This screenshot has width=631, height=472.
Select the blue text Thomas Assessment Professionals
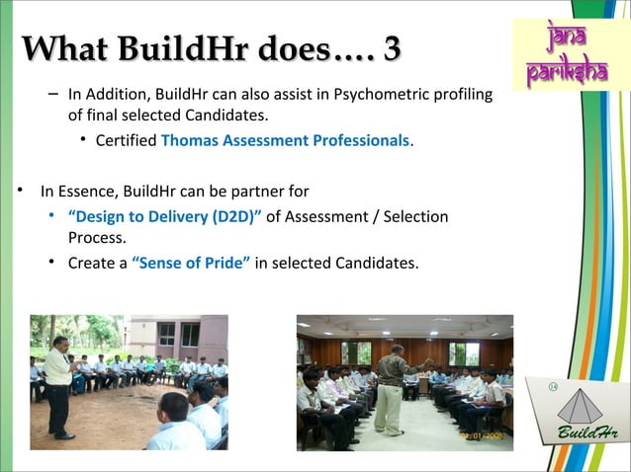coord(285,140)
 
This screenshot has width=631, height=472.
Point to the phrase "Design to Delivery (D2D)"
coord(164,216)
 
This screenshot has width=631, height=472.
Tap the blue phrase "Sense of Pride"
coord(191,263)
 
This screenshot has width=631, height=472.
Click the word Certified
coord(126,140)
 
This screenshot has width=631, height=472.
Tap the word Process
coord(96,238)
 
